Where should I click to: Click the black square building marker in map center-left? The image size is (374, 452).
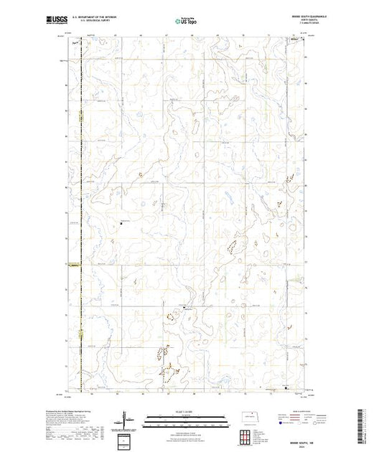pyautogui.click(x=121, y=222)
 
